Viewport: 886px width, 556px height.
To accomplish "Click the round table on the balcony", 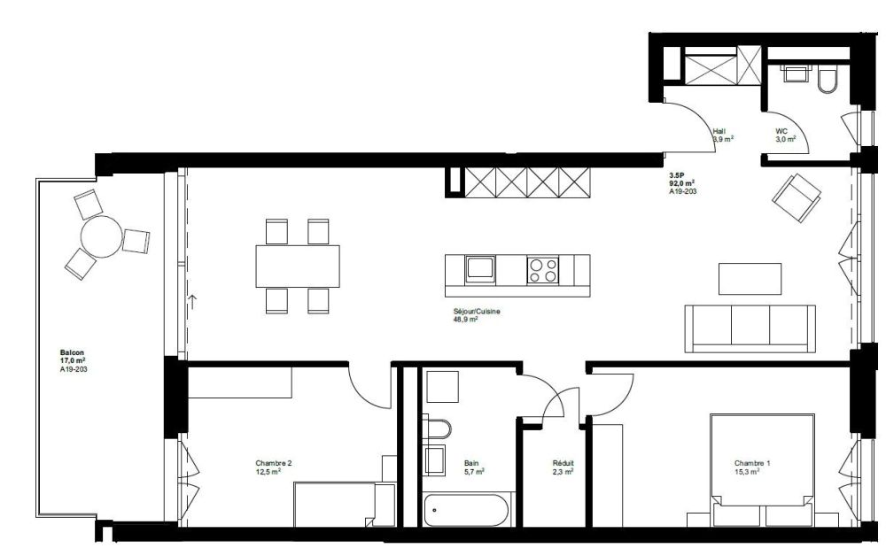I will (x=100, y=236).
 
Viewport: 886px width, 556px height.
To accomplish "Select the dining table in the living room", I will (x=299, y=266).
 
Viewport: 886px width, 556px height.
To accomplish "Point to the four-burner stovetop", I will (x=543, y=269).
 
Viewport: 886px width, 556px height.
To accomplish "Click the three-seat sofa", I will (x=750, y=325).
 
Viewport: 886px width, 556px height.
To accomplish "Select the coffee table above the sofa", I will (x=750, y=278).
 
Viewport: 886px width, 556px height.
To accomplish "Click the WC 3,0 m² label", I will (x=785, y=135).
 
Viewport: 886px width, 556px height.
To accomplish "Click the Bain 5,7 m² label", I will (x=474, y=467).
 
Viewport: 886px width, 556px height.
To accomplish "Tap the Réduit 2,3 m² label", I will (x=562, y=467).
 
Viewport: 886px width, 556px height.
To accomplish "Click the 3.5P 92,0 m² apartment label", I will (x=680, y=182).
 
